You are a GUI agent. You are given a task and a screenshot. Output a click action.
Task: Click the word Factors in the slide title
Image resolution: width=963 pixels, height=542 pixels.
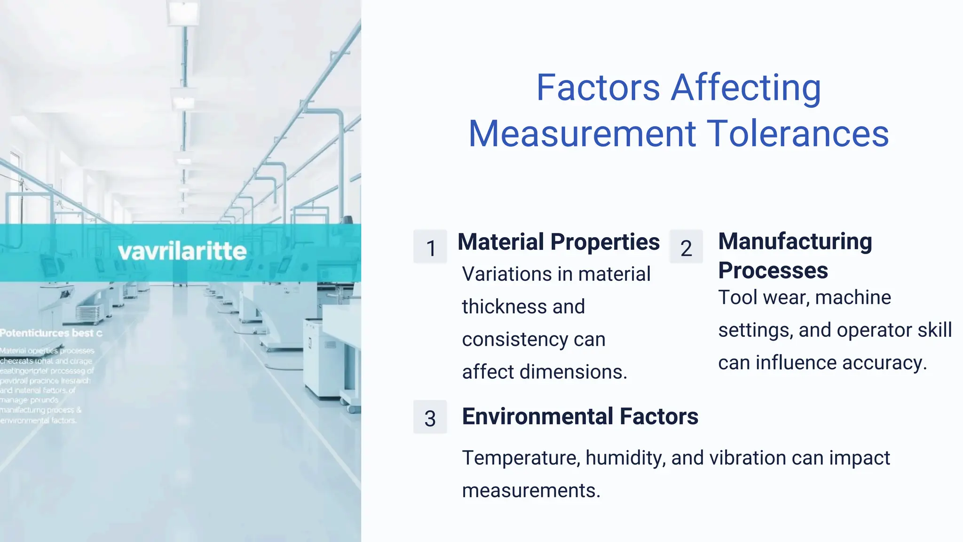pos(598,88)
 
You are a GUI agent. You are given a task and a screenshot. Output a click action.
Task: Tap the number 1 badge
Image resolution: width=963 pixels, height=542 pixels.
pos(430,247)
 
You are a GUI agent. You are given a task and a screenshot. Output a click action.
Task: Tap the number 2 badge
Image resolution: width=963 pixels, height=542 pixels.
pos(686,247)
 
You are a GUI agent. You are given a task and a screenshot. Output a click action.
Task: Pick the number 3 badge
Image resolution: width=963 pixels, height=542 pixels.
pos(430,418)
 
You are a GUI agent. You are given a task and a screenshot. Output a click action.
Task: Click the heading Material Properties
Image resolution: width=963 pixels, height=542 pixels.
pos(559,242)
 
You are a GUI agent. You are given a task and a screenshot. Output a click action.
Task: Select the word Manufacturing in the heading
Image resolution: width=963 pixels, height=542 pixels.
pos(795,241)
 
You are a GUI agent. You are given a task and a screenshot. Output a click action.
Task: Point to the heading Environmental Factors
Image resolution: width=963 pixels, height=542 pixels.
pos(580,416)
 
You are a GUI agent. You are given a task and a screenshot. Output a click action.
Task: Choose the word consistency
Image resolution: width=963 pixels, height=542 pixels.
pos(515,339)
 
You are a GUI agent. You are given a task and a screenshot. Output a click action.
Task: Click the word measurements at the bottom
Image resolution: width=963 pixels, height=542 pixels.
pos(531,491)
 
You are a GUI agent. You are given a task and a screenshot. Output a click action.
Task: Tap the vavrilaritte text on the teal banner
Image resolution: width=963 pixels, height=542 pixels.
pos(182,251)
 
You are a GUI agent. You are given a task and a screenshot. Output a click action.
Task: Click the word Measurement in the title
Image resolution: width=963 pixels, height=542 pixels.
pos(582,134)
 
